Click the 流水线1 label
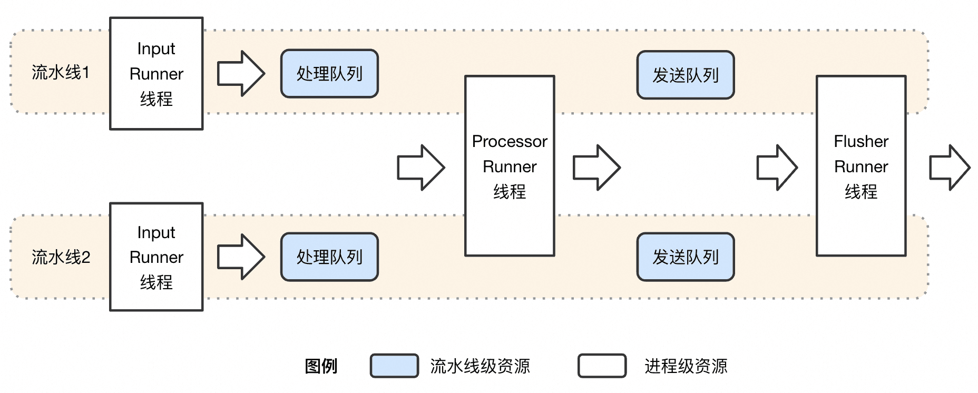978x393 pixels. coord(61,72)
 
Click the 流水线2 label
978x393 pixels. coord(61,257)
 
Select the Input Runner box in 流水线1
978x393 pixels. coord(157,74)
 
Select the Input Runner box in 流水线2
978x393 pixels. coord(157,257)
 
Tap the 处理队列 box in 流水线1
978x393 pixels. coord(329,74)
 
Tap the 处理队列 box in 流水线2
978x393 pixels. coord(329,257)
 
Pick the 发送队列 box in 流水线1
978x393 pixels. coord(686,75)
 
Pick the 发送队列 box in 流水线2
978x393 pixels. coord(686,257)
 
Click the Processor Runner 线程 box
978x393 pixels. coord(510,166)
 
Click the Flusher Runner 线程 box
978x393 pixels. coord(861,166)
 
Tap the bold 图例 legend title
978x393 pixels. coord(321,366)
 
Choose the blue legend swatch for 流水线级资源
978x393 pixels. coord(394,366)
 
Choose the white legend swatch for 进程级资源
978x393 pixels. coord(602,366)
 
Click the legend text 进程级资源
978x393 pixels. coord(686,366)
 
